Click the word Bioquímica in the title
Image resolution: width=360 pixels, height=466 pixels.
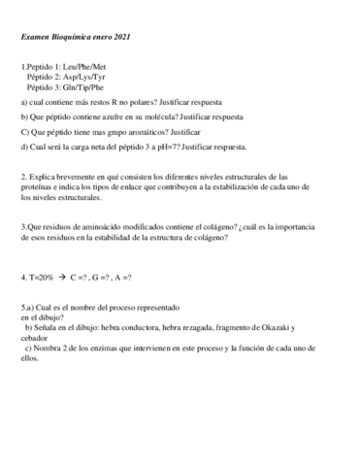coord(69,39)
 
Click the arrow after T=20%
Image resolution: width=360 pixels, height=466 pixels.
coord(61,277)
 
